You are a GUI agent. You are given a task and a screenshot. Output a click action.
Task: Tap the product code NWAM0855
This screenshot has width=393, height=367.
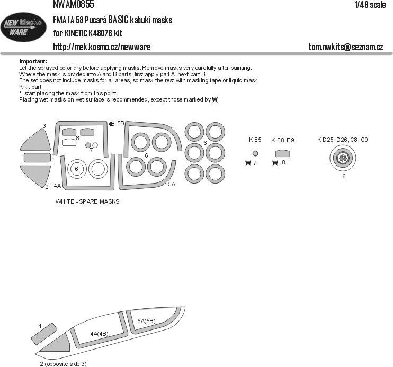74,5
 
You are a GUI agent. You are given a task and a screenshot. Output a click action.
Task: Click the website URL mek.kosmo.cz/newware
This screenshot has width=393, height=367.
101,47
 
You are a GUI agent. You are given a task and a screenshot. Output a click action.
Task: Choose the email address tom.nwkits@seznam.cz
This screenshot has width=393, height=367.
345,47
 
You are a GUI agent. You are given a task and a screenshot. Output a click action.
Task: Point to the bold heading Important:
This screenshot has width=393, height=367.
33,61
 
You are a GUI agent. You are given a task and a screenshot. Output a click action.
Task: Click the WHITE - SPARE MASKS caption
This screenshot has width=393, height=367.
87,201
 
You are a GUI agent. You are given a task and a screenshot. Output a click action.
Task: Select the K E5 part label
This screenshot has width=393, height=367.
255,140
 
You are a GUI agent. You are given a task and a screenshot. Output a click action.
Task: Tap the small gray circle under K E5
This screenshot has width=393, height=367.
256,153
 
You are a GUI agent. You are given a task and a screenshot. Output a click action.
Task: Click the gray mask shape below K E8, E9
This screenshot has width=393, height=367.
283,153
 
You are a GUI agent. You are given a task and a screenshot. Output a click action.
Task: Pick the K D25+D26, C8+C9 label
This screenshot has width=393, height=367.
343,140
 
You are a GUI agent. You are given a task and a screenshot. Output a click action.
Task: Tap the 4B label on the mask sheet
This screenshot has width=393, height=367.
111,124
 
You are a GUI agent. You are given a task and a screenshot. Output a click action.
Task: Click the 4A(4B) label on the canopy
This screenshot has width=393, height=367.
99,334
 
